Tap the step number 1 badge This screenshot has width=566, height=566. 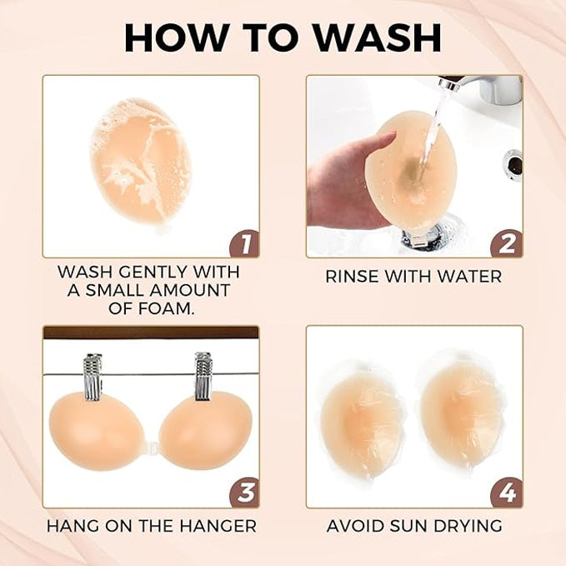[x=243, y=243]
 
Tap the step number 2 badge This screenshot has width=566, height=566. [x=507, y=243]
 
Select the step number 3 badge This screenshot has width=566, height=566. [x=243, y=493]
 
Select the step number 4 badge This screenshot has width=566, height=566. [x=507, y=493]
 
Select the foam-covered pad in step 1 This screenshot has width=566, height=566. [x=140, y=161]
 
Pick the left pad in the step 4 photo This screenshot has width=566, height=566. [x=362, y=414]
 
